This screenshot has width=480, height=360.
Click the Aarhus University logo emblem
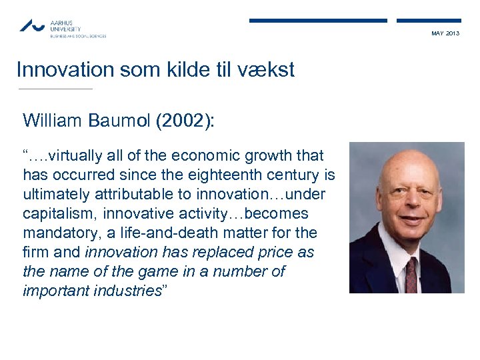point(32,26)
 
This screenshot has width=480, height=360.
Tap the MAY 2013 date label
point(445,33)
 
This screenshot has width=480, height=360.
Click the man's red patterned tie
point(411,273)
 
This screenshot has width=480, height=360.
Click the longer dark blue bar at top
point(318,21)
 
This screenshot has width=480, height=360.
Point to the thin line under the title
point(56,89)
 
